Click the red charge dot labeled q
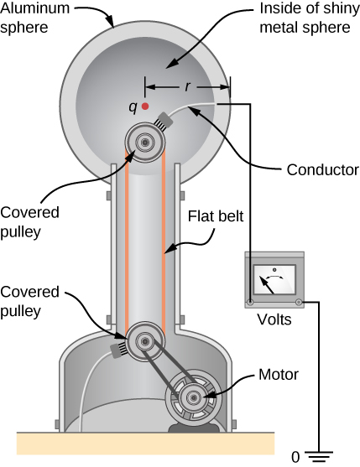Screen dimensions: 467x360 point(145,106)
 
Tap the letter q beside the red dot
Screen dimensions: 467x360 point(132,106)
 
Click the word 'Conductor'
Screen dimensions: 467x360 point(316,169)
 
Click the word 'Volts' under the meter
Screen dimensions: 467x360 point(276,319)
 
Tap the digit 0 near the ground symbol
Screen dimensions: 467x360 point(295,457)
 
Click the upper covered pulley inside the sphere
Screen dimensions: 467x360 point(144,143)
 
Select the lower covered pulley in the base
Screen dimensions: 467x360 point(145,341)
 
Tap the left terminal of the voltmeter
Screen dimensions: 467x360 point(250,301)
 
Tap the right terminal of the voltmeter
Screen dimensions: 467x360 point(299,301)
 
